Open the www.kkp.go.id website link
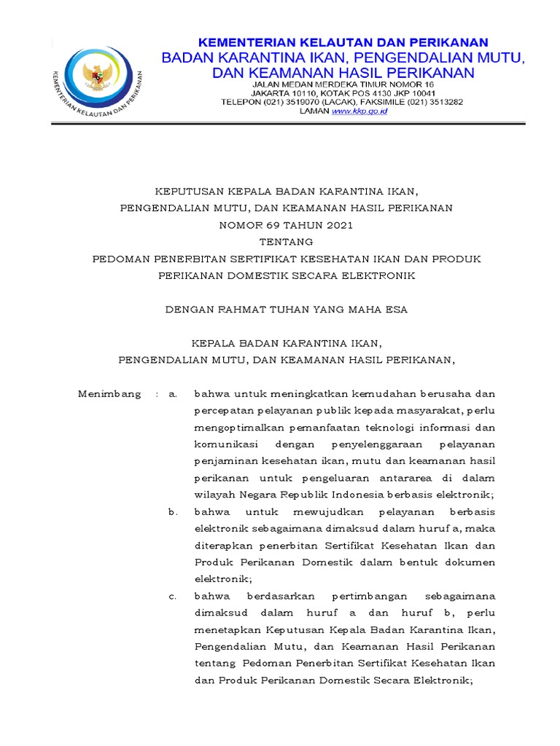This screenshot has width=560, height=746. (x=359, y=111)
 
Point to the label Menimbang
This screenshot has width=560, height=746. (x=109, y=394)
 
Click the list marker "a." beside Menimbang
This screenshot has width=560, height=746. (x=173, y=394)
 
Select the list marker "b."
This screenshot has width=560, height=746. (x=173, y=512)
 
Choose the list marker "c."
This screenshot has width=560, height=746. (x=173, y=596)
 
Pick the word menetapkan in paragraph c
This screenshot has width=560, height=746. (x=223, y=630)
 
